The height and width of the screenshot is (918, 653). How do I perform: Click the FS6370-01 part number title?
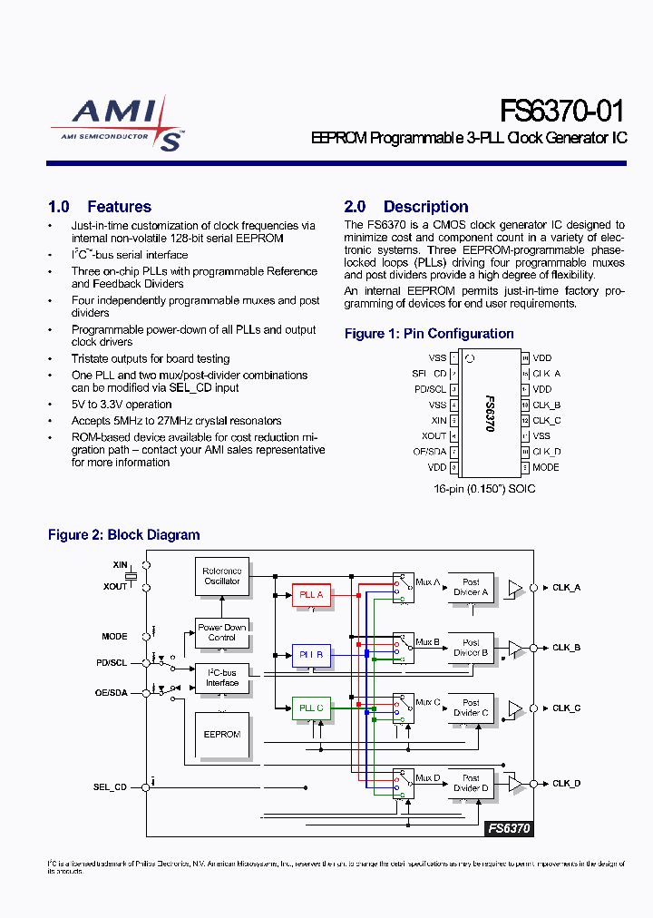562,112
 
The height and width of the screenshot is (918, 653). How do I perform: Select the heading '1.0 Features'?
99,207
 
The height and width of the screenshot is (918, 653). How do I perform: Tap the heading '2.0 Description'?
405,207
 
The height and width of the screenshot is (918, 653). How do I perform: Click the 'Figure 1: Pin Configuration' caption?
429,334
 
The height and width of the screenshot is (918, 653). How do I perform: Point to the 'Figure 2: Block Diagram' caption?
123,535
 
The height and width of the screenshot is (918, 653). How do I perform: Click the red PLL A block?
311,595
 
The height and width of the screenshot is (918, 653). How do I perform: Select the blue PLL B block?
311,654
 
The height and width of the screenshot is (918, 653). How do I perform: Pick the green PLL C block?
311,708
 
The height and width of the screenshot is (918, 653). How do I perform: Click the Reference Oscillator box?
222,576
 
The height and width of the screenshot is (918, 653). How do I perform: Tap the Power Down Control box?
222,632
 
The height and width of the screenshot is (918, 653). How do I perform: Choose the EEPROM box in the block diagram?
222,734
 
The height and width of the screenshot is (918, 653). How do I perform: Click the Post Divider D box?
471,784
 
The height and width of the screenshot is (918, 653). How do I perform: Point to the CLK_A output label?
566,588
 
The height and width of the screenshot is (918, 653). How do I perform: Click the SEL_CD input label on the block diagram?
111,787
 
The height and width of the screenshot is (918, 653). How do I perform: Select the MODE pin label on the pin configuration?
546,467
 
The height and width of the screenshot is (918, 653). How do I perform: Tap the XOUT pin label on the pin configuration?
434,436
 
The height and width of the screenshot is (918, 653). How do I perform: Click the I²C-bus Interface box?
222,678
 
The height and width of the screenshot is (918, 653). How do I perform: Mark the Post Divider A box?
471,588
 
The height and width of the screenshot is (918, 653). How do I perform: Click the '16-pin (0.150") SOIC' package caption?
484,489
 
